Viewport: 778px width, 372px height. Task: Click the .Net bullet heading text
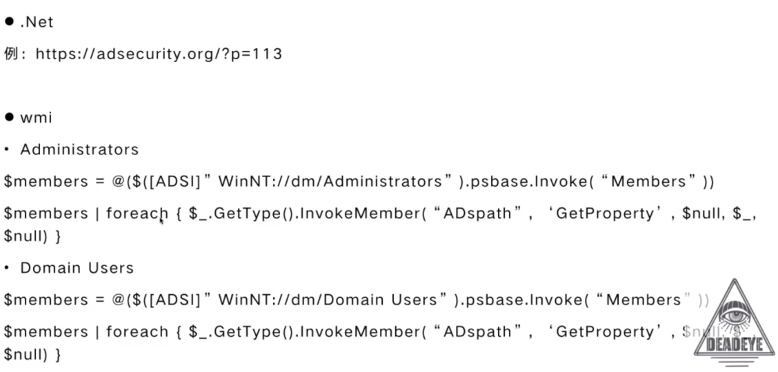tap(37, 22)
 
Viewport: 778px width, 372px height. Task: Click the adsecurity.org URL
tap(159, 54)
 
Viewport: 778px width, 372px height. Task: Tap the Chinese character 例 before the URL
tap(10, 54)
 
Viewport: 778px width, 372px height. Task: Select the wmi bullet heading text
tap(36, 118)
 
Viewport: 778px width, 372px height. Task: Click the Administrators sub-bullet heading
tap(79, 149)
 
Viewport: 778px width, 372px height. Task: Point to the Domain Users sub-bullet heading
tap(77, 268)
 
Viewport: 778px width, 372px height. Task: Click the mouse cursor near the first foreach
tap(162, 220)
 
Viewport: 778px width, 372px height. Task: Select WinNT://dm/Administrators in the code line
tap(330, 182)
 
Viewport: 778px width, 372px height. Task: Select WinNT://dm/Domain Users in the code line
tap(328, 300)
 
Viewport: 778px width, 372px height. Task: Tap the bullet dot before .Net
tap(10, 22)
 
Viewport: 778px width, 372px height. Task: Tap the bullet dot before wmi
tap(10, 118)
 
